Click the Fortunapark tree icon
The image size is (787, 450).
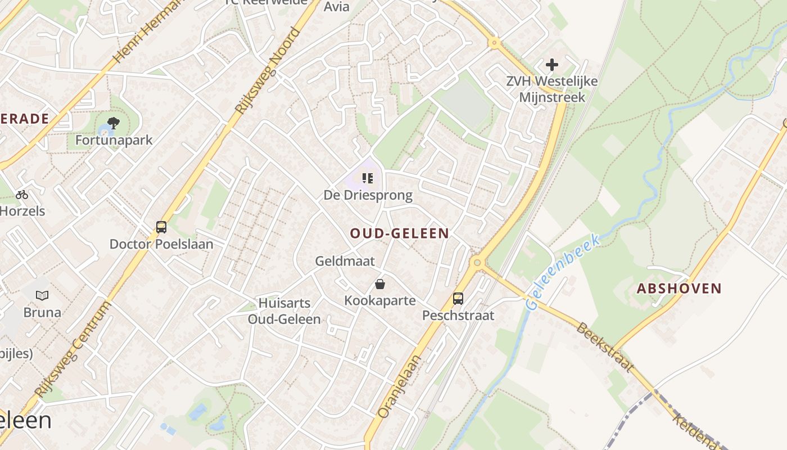pyautogui.click(x=114, y=123)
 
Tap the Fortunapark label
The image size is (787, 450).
pyautogui.click(x=114, y=140)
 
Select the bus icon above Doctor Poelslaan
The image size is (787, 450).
pyautogui.click(x=161, y=227)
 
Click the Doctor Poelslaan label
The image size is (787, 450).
pyautogui.click(x=161, y=244)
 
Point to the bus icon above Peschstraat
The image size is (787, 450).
pyautogui.click(x=458, y=299)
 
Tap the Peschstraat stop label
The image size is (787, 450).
pyautogui.click(x=458, y=316)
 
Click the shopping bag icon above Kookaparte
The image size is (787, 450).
pyautogui.click(x=380, y=284)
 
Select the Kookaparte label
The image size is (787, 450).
pyautogui.click(x=380, y=301)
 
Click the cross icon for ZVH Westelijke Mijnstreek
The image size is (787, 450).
pyautogui.click(x=552, y=65)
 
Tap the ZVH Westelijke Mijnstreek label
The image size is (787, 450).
pyautogui.click(x=552, y=89)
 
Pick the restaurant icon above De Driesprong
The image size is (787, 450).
pyautogui.click(x=368, y=179)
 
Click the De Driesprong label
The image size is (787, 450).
pyautogui.click(x=368, y=196)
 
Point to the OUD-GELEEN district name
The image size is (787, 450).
pyautogui.click(x=400, y=233)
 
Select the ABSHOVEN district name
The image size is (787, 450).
pyautogui.click(x=679, y=289)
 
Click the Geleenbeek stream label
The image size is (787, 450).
pyautogui.click(x=563, y=272)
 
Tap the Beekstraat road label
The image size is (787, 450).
pyautogui.click(x=604, y=346)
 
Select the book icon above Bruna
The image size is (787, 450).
pyautogui.click(x=42, y=295)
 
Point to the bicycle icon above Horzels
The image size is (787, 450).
pyautogui.click(x=22, y=195)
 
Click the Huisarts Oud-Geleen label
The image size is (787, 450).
pyautogui.click(x=284, y=312)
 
